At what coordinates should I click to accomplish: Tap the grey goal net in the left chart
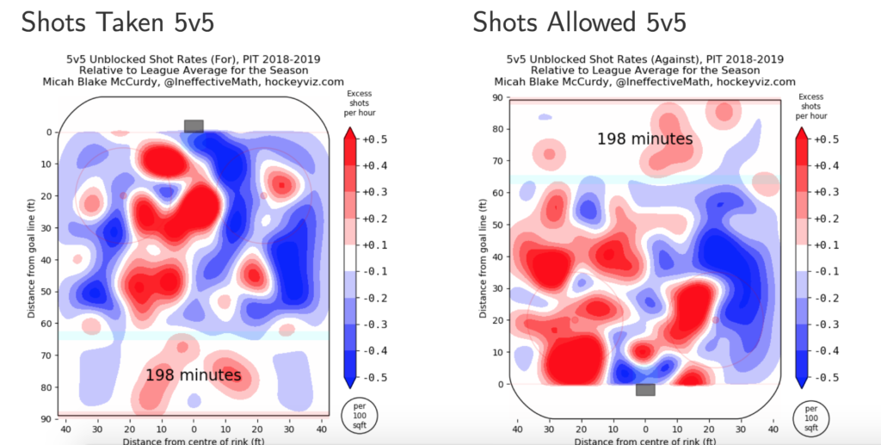tap(194, 126)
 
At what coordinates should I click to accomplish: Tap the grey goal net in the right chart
tap(645, 390)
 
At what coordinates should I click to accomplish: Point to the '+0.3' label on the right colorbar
tap(828, 192)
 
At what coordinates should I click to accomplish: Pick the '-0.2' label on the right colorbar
tap(828, 298)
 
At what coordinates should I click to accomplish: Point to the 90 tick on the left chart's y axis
tap(50, 419)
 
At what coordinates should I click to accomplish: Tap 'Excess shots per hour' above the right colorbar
tap(810, 106)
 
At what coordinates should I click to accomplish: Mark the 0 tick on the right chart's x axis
tap(645, 429)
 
